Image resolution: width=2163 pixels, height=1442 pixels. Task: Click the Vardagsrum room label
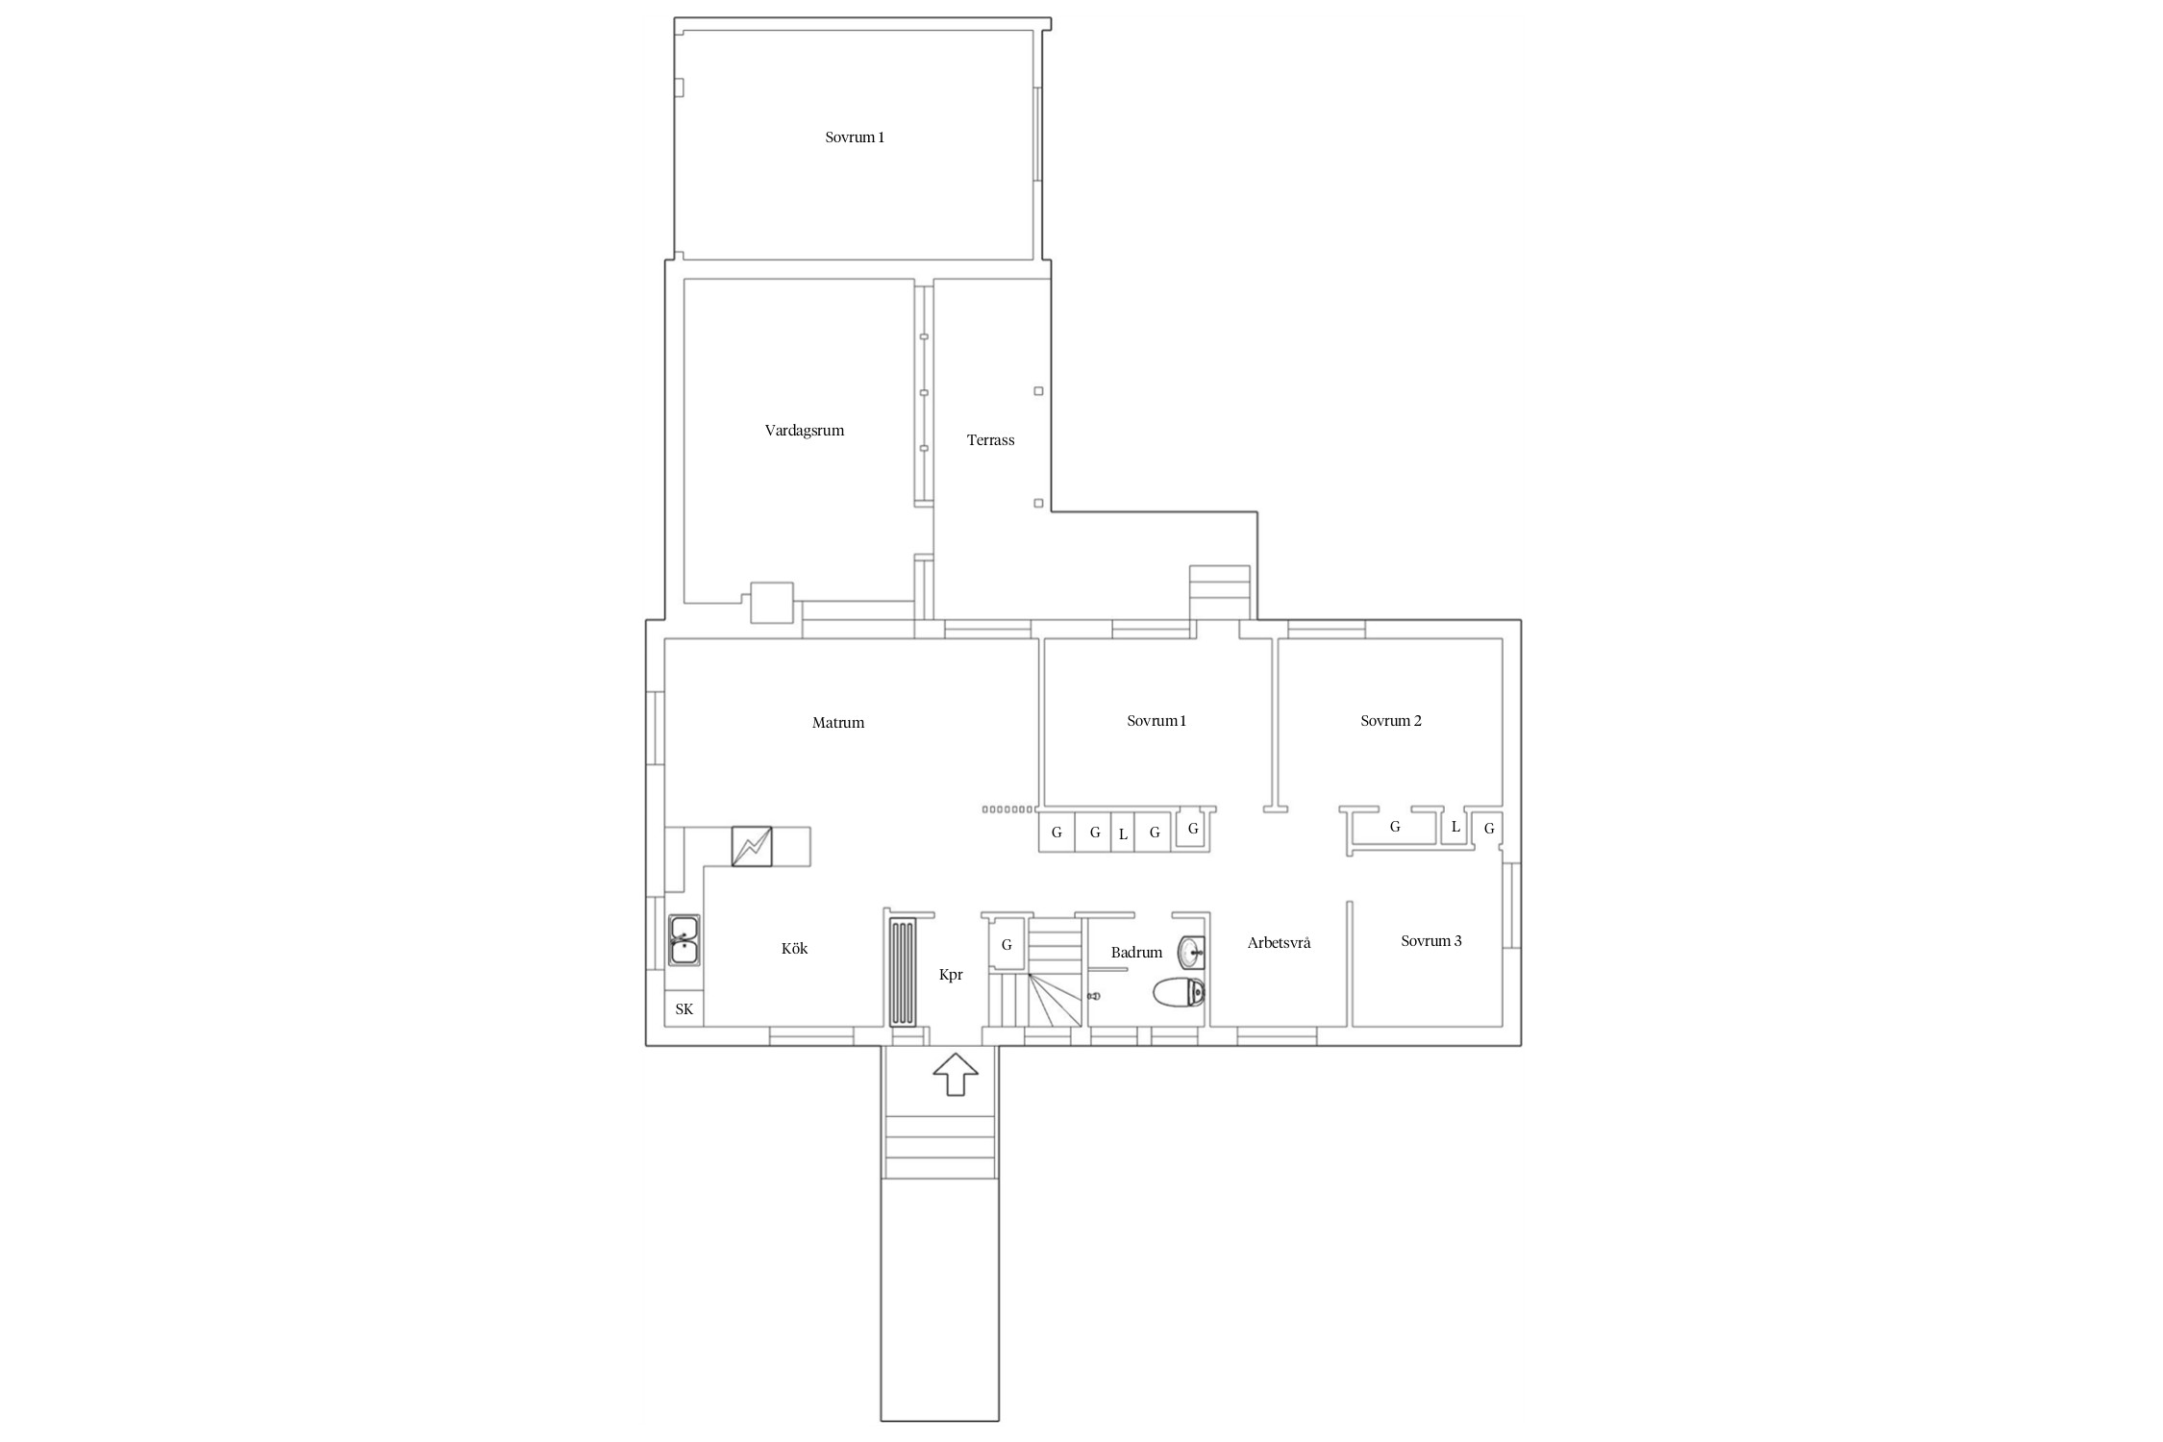(x=805, y=431)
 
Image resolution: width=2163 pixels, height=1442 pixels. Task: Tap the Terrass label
(x=990, y=440)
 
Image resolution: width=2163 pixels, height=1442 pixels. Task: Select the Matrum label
(x=838, y=723)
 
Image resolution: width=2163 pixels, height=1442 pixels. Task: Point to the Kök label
(x=794, y=949)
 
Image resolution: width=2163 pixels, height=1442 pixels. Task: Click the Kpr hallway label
(x=951, y=975)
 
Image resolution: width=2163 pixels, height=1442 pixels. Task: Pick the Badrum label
(x=1136, y=953)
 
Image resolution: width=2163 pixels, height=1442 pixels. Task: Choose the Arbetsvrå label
(x=1279, y=943)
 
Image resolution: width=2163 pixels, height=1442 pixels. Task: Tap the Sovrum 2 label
(x=1390, y=721)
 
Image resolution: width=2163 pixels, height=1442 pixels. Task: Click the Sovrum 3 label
(x=1430, y=941)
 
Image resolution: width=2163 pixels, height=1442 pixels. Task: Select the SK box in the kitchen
(x=684, y=1008)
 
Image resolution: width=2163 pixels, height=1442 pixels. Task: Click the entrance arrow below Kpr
(x=957, y=1074)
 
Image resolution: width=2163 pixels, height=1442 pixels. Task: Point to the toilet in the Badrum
(x=1179, y=991)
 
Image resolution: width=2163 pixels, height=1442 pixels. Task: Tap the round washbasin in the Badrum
(x=1192, y=953)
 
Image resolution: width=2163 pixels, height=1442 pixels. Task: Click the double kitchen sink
(x=684, y=940)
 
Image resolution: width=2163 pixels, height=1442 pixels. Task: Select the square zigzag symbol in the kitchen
(x=752, y=846)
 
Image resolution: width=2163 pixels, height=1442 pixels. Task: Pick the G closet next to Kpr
(x=1007, y=945)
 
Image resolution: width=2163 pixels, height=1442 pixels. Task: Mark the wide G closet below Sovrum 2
(x=1395, y=827)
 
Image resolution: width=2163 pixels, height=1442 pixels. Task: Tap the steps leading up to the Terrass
(x=1220, y=593)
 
